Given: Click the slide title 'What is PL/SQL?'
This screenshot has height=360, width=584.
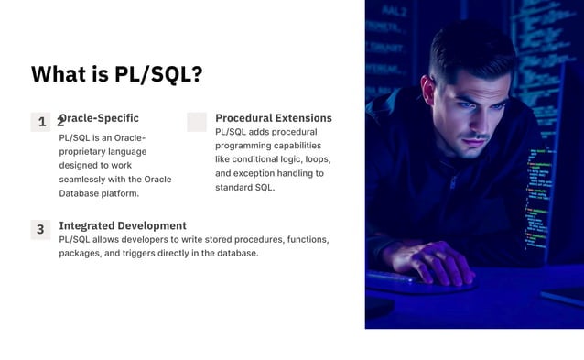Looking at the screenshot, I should click(x=116, y=74).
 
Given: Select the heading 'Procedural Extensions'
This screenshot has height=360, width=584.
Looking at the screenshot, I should click(x=273, y=118).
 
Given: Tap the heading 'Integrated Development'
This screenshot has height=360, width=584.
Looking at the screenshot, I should click(x=123, y=225).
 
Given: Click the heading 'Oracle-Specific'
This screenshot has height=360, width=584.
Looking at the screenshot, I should click(x=101, y=118).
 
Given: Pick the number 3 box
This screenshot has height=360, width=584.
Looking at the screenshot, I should click(x=40, y=230).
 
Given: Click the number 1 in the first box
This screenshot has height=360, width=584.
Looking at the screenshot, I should click(x=42, y=122).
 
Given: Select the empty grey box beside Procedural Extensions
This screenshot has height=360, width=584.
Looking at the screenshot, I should click(x=197, y=122).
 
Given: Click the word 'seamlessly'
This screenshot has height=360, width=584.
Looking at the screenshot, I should click(x=83, y=180).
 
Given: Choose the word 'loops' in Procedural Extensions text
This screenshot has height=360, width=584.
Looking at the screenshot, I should click(x=316, y=159).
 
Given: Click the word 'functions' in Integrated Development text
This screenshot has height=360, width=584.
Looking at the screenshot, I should click(x=308, y=239).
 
